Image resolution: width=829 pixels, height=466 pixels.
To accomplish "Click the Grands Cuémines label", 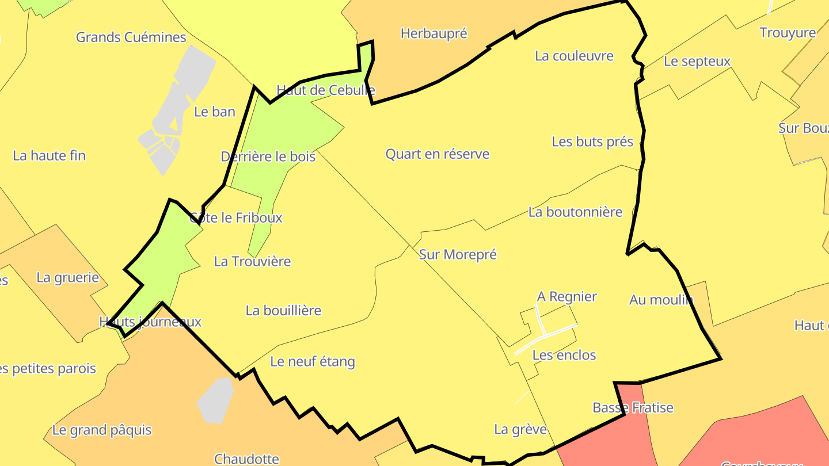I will [x=131, y=37].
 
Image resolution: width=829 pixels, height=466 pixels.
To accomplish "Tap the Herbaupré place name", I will [x=433, y=33].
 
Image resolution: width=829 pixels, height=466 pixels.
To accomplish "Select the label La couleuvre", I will [x=574, y=56].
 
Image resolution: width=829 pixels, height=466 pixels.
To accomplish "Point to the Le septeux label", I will [x=697, y=61].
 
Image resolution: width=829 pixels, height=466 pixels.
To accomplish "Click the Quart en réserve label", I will [x=438, y=154].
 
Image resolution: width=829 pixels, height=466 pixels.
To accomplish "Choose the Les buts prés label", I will [x=592, y=142].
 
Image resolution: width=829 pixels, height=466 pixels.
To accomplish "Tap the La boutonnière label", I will [x=575, y=212].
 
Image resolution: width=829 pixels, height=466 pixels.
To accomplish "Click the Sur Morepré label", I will [x=458, y=254].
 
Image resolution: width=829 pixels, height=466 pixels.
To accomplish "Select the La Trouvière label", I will [x=252, y=261].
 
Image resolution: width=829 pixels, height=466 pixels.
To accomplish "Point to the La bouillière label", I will [x=283, y=311].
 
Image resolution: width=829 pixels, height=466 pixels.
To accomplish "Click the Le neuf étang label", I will [x=313, y=362].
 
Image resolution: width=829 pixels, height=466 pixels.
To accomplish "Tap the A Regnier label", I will [x=567, y=296].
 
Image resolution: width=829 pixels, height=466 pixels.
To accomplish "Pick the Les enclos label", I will [x=564, y=355].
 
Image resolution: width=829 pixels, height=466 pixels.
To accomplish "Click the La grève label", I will [x=520, y=429].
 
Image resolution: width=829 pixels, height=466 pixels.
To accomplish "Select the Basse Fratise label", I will [x=633, y=408].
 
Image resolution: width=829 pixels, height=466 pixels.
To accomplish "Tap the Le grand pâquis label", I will [x=102, y=430].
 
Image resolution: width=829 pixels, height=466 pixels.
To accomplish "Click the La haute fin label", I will [x=49, y=155].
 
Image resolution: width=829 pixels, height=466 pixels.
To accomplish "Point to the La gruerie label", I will [x=68, y=277].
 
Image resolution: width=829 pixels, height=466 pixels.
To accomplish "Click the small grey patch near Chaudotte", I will [x=215, y=400].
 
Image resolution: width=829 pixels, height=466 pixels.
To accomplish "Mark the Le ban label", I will [x=215, y=112].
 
